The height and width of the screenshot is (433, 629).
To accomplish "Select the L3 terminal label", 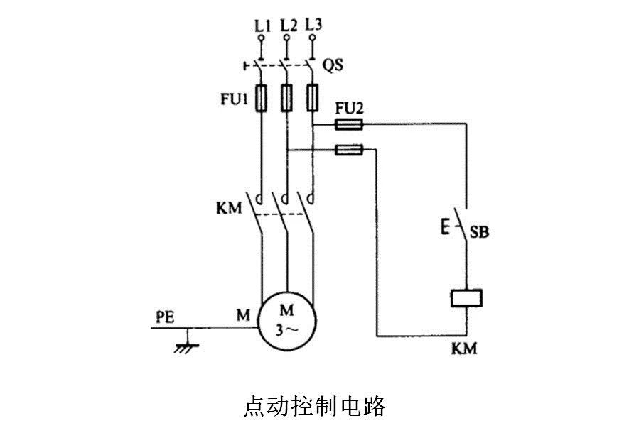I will click(x=313, y=26).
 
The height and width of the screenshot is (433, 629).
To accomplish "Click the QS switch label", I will click(x=333, y=65).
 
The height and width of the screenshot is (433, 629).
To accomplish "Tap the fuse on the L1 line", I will click(x=262, y=98).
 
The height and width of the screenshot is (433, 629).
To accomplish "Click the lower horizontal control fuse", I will click(x=348, y=150).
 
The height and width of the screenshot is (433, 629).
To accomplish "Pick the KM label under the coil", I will click(x=464, y=349).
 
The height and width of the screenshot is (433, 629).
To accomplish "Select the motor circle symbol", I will click(x=286, y=319).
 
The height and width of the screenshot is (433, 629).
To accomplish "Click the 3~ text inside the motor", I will click(x=286, y=329).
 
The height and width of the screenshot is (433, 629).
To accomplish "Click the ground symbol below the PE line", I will click(x=187, y=344).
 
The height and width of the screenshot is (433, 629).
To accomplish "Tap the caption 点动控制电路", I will click(x=314, y=406).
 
